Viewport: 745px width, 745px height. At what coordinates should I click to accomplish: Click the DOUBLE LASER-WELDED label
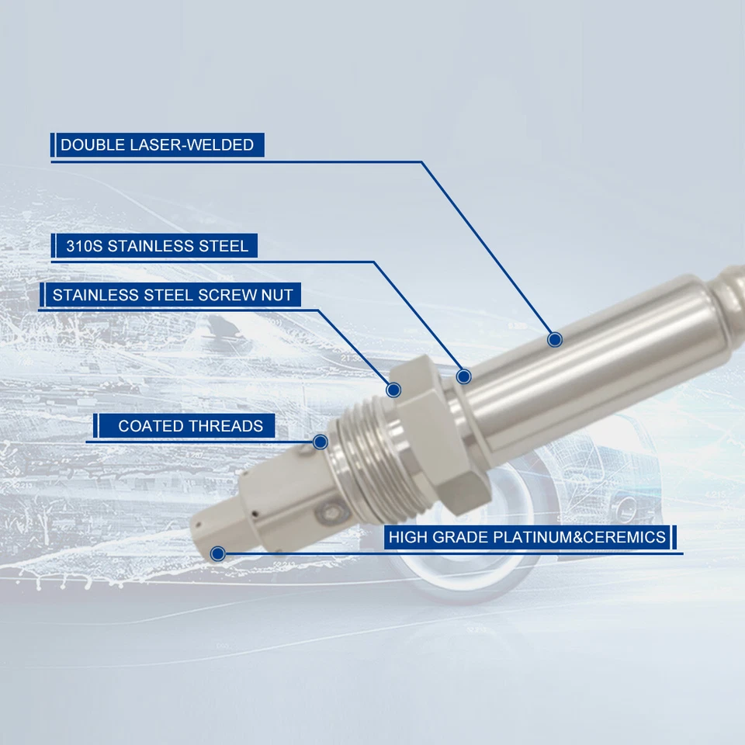coord(158,145)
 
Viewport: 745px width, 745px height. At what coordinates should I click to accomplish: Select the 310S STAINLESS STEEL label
coord(153,246)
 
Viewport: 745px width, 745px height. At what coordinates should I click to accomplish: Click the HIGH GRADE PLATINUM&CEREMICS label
coord(528,537)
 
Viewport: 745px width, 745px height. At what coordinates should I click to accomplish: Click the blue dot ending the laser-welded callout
coord(554,339)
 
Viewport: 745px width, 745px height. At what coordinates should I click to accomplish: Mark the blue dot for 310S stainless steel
coord(464,376)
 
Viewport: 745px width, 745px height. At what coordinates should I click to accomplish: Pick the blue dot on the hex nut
coord(393,389)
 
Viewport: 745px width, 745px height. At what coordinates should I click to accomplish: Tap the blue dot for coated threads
coord(320,442)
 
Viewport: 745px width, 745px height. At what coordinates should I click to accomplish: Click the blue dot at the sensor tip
coord(217,553)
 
